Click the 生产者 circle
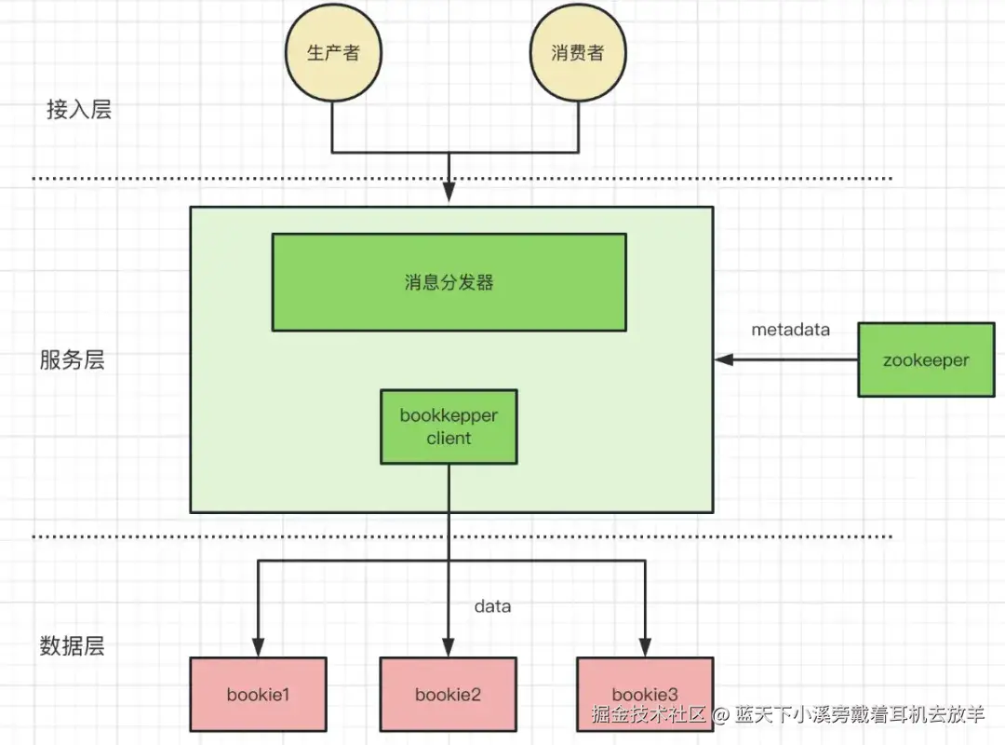pyautogui.click(x=333, y=53)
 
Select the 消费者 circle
pyautogui.click(x=578, y=53)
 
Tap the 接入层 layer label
pyautogui.click(x=79, y=109)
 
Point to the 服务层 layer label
pyautogui.click(x=72, y=359)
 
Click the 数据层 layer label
pyautogui.click(x=72, y=645)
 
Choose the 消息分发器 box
pyautogui.click(x=449, y=282)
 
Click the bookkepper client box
pyautogui.click(x=449, y=427)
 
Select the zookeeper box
pyautogui.click(x=926, y=360)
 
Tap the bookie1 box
pyautogui.click(x=259, y=695)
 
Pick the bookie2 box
pyautogui.click(x=448, y=695)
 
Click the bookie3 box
pyautogui.click(x=645, y=695)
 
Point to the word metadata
pyautogui.click(x=790, y=330)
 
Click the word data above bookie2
pyautogui.click(x=492, y=606)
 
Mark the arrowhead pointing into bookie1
pyautogui.click(x=259, y=647)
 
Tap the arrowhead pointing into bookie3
pyautogui.click(x=645, y=647)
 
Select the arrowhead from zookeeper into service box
pyautogui.click(x=724, y=359)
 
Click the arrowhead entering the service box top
pyautogui.click(x=449, y=193)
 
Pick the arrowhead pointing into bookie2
pyautogui.click(x=449, y=647)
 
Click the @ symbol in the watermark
pyautogui.click(x=720, y=714)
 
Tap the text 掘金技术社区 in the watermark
pyautogui.click(x=649, y=714)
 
